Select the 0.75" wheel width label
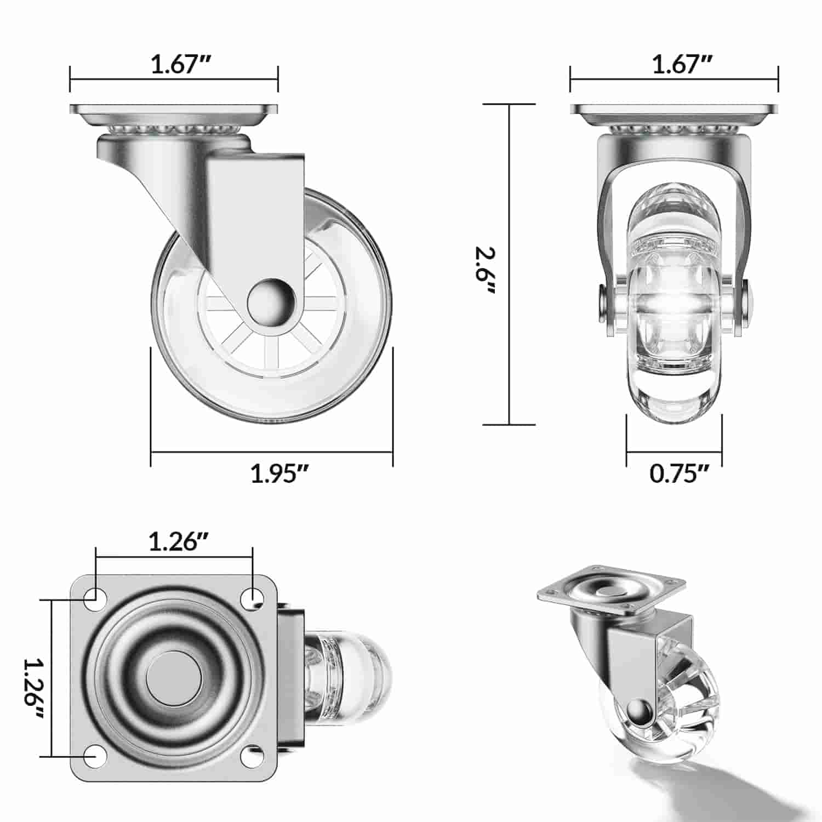pos(680,473)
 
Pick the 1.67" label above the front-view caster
pos(682,65)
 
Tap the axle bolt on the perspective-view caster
pos(638,712)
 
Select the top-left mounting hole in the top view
pos(95,596)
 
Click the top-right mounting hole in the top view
pos(253,596)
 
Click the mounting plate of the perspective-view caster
pos(611,592)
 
